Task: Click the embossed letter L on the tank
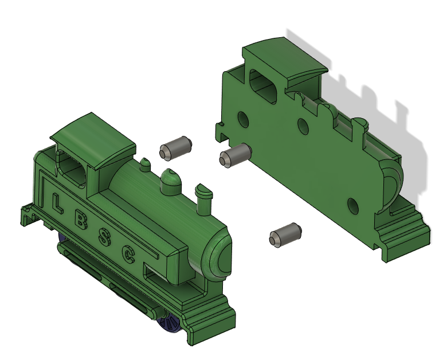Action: click(57, 202)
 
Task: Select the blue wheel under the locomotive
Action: click(170, 322)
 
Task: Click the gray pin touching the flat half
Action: click(235, 155)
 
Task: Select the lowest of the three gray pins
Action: click(284, 235)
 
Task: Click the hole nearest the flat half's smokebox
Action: click(353, 205)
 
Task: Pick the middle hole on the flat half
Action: click(303, 126)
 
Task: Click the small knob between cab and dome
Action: click(144, 165)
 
